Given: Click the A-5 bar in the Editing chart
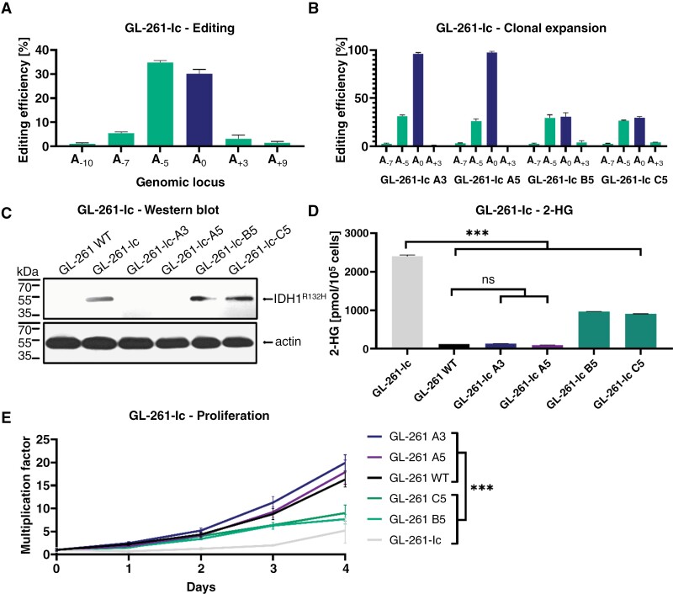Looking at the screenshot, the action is tap(160, 104).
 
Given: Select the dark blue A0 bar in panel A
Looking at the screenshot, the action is tap(199, 110).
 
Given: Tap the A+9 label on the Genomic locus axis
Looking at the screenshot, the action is tap(278, 160).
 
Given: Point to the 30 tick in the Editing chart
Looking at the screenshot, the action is tap(42, 74).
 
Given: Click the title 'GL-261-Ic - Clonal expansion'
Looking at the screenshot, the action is tap(521, 29).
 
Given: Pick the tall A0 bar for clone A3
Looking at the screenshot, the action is tap(418, 100).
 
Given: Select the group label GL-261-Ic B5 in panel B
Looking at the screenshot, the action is tap(560, 180).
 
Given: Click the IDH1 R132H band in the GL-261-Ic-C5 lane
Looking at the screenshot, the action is tap(240, 299).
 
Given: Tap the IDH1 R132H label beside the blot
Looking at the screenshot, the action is tap(300, 299).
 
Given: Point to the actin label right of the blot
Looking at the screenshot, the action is tap(288, 342).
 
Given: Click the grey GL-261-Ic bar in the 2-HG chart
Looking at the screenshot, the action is tap(407, 302).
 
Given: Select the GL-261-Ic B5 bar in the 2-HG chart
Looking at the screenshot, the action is tap(594, 330).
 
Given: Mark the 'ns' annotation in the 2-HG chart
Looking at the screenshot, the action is tap(488, 280).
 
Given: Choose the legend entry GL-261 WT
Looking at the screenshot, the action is tap(418, 478).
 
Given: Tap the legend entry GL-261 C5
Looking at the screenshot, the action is tap(417, 499).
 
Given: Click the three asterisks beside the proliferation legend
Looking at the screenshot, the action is tap(482, 487).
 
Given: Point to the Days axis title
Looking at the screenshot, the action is tap(201, 587).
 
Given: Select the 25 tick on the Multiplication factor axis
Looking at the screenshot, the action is tap(42, 440).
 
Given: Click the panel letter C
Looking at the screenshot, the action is tap(6, 214).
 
